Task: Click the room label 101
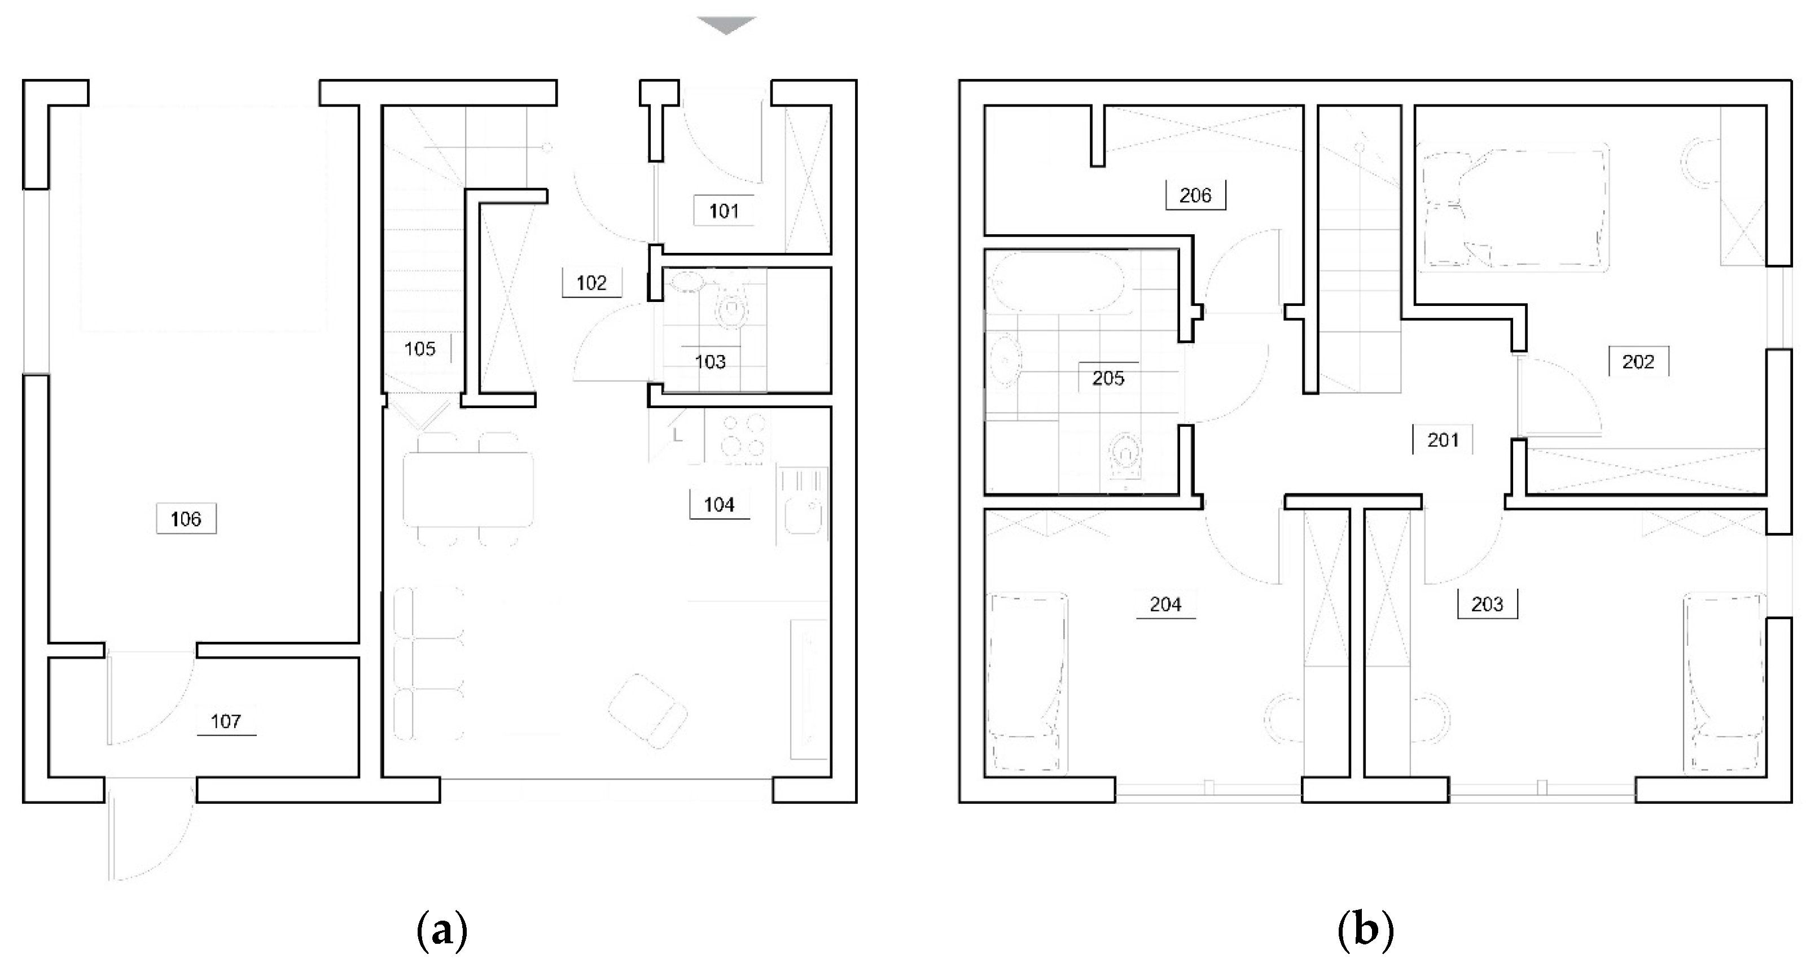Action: coord(724,211)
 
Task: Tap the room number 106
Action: coord(186,519)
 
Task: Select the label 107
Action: coord(226,721)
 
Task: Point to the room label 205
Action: coord(1108,379)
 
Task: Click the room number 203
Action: coord(1487,604)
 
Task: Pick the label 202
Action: coord(1638,362)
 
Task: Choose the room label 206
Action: coord(1195,195)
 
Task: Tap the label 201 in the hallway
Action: coord(1443,440)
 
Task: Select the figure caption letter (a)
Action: coord(442,931)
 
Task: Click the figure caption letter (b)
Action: coord(1365,931)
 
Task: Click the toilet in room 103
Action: coord(732,307)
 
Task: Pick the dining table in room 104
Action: coord(468,489)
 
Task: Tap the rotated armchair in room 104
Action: coord(648,711)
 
